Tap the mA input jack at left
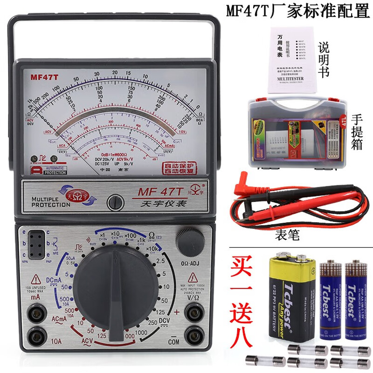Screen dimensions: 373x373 click(x=34, y=312)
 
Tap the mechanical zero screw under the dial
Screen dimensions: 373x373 click(x=114, y=203)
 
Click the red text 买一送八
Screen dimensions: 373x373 click(x=243, y=298)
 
